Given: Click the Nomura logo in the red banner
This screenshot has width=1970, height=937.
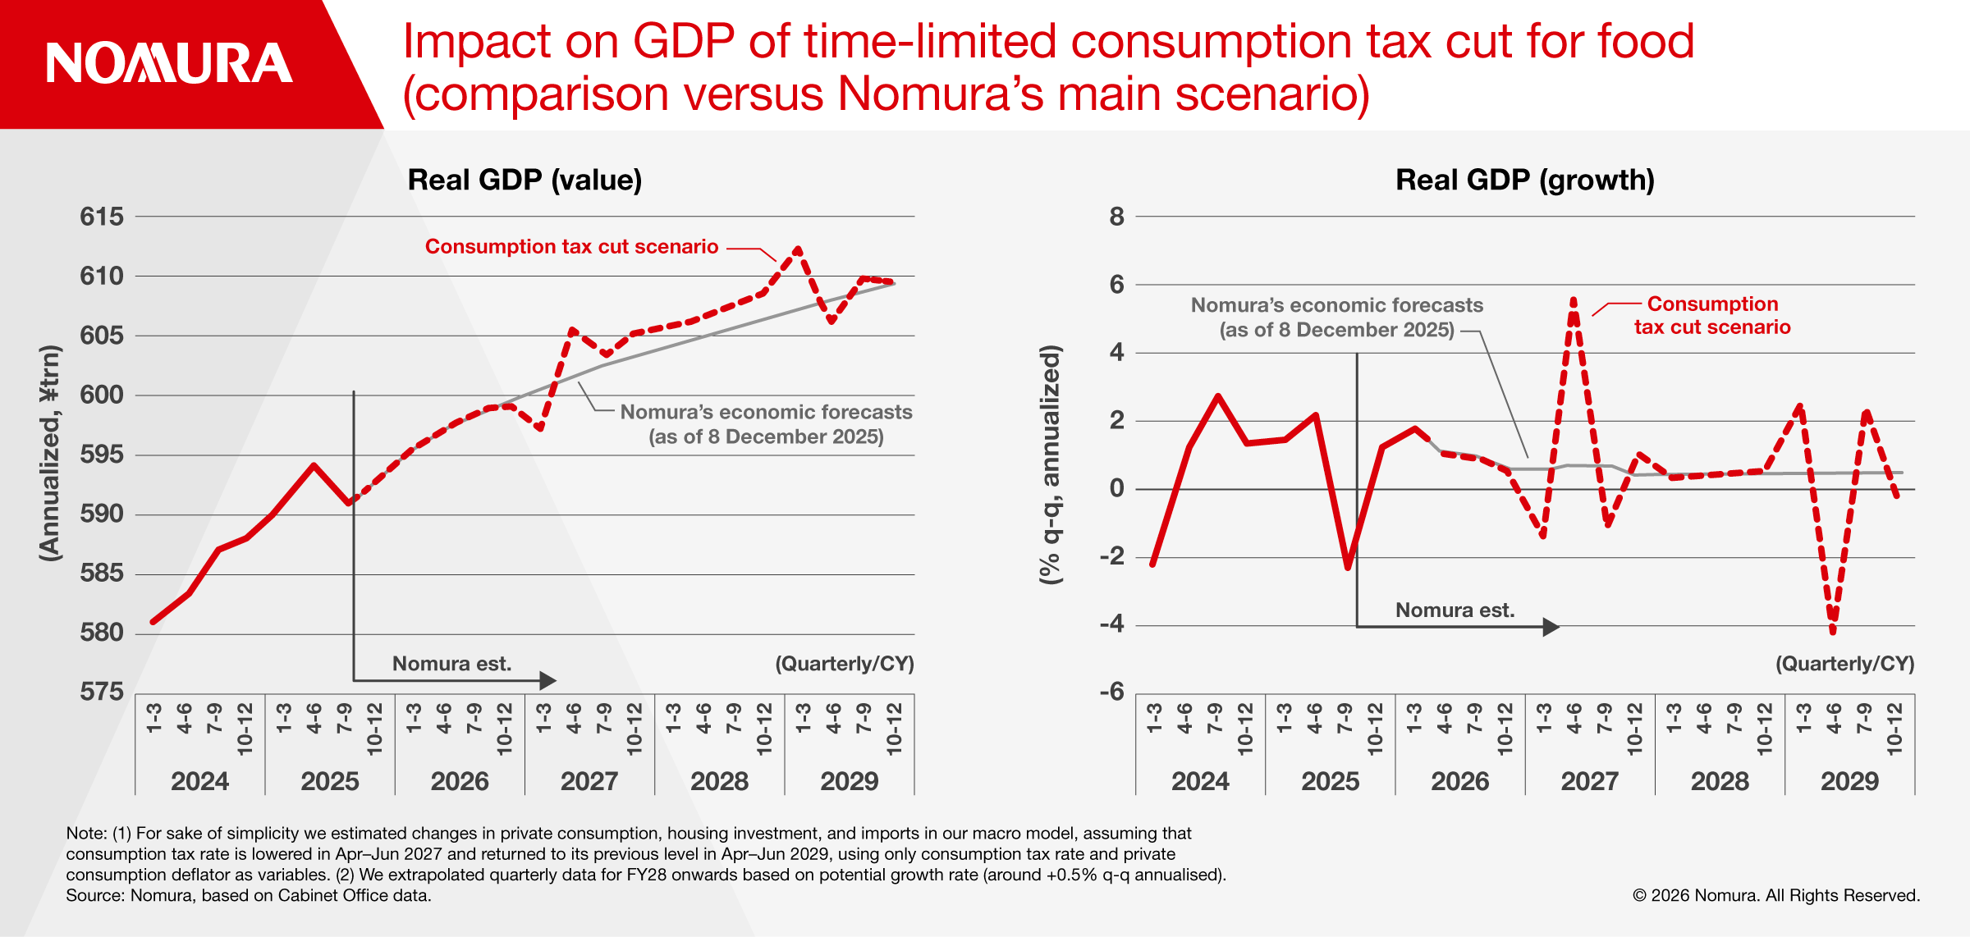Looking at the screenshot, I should [x=169, y=63].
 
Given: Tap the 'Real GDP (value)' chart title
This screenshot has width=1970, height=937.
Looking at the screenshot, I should [x=525, y=180].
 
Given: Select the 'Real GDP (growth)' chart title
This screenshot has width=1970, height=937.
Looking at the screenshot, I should [x=1524, y=180].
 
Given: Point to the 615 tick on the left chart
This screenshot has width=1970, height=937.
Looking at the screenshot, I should [x=102, y=217].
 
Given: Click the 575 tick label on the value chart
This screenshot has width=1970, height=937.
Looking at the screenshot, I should [x=102, y=692].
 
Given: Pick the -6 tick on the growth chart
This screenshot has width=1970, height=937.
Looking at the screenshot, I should [x=1112, y=692].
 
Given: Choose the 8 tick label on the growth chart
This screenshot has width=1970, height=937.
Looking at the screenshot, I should [x=1116, y=217].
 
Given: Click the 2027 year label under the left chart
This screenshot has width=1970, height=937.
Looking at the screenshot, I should [x=589, y=780].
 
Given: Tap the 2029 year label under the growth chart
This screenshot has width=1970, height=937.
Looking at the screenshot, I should [x=1849, y=780].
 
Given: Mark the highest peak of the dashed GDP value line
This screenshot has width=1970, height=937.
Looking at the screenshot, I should [x=797, y=249].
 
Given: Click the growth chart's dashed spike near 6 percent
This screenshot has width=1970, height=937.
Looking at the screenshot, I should [x=1574, y=300].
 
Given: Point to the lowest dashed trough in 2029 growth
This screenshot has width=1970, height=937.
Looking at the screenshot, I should [x=1833, y=630].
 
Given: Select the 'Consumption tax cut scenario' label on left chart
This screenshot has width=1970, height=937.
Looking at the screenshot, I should [x=571, y=247].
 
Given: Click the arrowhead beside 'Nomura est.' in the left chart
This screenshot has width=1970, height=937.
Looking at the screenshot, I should [x=548, y=680].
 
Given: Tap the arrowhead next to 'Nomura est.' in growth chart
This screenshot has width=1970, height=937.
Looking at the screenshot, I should [x=1551, y=627].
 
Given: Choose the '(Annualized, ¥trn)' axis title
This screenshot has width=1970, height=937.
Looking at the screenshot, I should [x=50, y=453].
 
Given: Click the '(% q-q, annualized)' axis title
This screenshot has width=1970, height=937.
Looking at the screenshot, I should [x=1051, y=464].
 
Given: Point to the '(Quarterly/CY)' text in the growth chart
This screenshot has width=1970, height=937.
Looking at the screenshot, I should [x=1844, y=664].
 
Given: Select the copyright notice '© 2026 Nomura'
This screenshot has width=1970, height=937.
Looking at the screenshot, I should [x=1775, y=895].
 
